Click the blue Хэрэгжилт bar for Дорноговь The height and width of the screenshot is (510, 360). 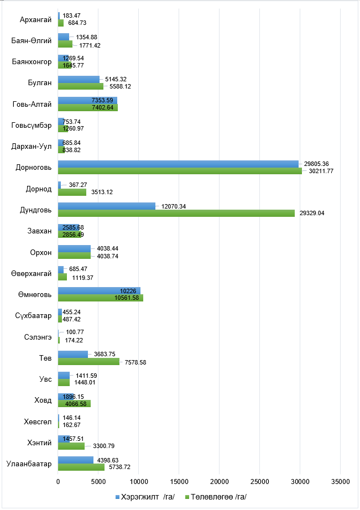tap(178, 164)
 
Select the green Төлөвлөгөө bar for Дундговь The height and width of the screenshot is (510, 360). tap(176, 213)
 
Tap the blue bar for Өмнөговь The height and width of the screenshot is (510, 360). tap(99, 291)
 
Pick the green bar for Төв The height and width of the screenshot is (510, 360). tap(88, 361)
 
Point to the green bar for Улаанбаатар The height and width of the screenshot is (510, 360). tap(81, 467)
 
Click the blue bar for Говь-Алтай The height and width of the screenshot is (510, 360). tap(87, 100)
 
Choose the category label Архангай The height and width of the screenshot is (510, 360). tap(35, 20)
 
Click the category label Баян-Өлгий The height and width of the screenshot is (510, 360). tap(32, 41)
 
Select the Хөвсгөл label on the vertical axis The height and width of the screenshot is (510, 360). tap(36, 421)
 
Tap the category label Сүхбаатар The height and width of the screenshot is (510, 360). tap(34, 316)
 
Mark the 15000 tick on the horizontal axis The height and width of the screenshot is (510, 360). tap(179, 482)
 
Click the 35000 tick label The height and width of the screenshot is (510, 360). tap(340, 482)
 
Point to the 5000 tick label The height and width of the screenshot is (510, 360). tap(98, 482)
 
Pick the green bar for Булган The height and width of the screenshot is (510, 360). tap(81, 86)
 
